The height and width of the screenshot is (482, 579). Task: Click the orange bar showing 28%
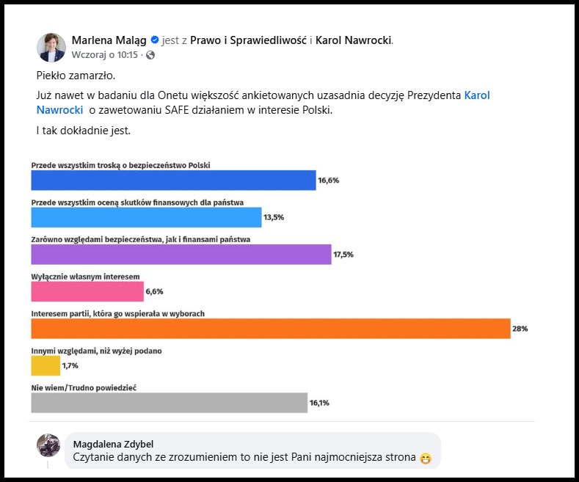pyautogui.click(x=270, y=329)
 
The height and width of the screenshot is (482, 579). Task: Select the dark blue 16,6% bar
pyautogui.click(x=173, y=180)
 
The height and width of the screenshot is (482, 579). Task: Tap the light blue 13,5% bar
pyautogui.click(x=146, y=217)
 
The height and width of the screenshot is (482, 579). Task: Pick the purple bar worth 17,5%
pyautogui.click(x=181, y=254)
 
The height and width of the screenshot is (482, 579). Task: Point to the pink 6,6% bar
pyautogui.click(x=87, y=291)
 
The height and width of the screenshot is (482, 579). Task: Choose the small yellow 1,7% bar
pyautogui.click(x=45, y=365)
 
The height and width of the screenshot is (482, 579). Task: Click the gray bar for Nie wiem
pyautogui.click(x=169, y=403)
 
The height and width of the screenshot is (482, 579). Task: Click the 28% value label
pyautogui.click(x=520, y=329)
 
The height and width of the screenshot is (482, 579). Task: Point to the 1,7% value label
pyautogui.click(x=70, y=365)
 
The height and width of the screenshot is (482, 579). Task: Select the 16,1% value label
pyautogui.click(x=319, y=403)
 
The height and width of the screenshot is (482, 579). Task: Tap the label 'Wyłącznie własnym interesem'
pyautogui.click(x=85, y=277)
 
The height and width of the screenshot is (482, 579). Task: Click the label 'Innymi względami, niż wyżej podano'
pyautogui.click(x=96, y=351)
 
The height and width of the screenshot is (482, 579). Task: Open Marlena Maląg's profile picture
pyautogui.click(x=51, y=47)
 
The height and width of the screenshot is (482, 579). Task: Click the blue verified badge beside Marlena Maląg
pyautogui.click(x=155, y=40)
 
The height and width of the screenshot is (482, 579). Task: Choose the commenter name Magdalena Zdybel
pyautogui.click(x=114, y=444)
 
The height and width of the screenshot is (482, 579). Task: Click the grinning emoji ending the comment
pyautogui.click(x=425, y=459)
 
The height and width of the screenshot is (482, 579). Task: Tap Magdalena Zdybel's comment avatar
pyautogui.click(x=48, y=445)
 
